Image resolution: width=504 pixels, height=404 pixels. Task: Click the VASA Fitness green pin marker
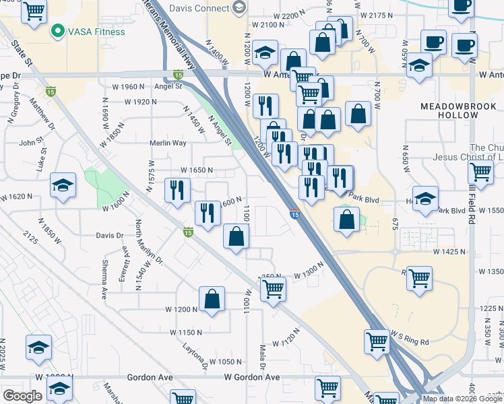click(x=58, y=31)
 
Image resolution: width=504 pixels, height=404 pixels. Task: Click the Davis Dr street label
click(x=110, y=236)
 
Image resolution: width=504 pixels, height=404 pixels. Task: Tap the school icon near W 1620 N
click(x=63, y=185)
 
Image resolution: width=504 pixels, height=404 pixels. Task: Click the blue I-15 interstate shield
click(x=295, y=214)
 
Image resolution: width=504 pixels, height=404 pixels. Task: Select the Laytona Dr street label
click(x=195, y=356)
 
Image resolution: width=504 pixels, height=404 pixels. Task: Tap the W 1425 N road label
click(x=449, y=251)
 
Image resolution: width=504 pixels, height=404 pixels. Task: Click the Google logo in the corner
click(x=22, y=396)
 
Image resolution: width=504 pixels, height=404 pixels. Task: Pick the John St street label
click(x=31, y=142)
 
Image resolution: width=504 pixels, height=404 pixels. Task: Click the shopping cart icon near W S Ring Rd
click(x=377, y=341)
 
